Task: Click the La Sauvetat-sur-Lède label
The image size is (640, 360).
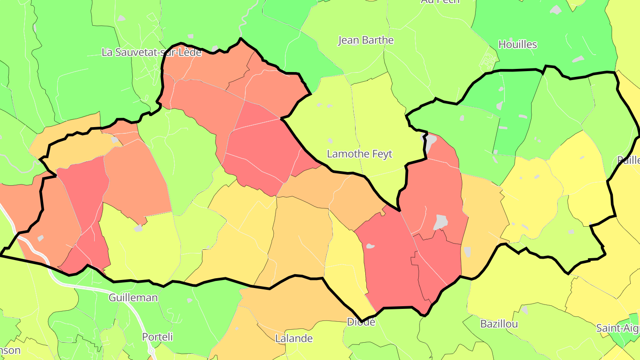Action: tap(152, 52)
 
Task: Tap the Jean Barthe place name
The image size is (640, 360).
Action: tap(366, 40)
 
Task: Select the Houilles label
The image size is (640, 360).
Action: tap(517, 44)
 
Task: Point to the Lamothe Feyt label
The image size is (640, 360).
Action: tap(360, 154)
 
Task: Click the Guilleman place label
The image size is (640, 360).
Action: tap(133, 297)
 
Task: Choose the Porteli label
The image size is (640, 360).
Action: tap(157, 336)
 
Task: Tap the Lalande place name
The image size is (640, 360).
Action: tap(294, 338)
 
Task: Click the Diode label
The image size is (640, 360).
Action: tap(361, 322)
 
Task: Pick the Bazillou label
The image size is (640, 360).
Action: tap(499, 324)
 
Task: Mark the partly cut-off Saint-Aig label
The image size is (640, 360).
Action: tap(617, 328)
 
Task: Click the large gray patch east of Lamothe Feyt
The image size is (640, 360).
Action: tap(440, 221)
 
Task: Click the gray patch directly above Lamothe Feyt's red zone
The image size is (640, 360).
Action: tap(430, 141)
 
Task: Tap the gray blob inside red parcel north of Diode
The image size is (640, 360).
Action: tap(370, 246)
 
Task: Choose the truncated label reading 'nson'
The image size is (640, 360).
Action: tap(10, 350)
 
